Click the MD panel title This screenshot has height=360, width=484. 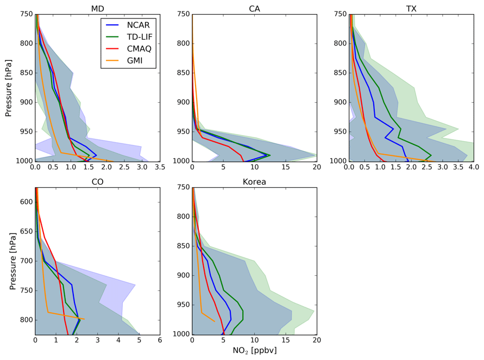tap(97, 9)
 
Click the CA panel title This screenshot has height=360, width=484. tap(254, 9)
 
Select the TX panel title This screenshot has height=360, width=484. tap(411, 9)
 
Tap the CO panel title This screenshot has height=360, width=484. tap(97, 182)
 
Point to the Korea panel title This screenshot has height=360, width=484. tap(254, 182)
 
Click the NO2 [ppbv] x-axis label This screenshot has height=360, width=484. tap(254, 351)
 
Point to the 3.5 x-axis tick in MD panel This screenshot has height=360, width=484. tap(160, 168)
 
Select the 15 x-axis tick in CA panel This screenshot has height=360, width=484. tap(285, 168)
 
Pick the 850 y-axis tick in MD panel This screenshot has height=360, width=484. tap(24, 73)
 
